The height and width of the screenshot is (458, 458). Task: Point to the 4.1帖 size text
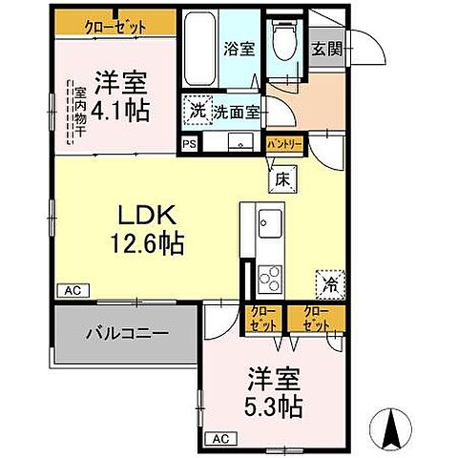click(122, 111)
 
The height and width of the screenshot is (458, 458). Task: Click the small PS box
click(189, 145)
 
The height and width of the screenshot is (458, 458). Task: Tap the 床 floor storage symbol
click(283, 177)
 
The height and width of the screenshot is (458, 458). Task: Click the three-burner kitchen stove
click(270, 277)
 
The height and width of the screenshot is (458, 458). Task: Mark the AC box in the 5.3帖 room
click(219, 439)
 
